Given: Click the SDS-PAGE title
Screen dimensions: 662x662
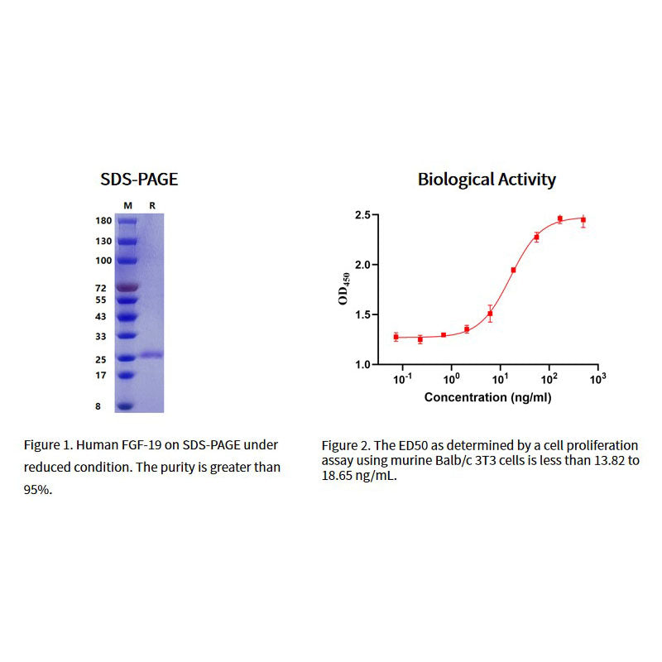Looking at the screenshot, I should pyautogui.click(x=139, y=179).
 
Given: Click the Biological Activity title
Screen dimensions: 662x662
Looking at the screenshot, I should pyautogui.click(x=487, y=179).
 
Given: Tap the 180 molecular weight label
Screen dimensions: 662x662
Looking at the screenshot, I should pyautogui.click(x=103, y=222).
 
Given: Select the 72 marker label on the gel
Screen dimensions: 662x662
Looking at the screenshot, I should pyautogui.click(x=101, y=288).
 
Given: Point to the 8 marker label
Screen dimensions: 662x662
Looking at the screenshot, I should pyautogui.click(x=98, y=406).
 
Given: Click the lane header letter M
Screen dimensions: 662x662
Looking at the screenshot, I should pyautogui.click(x=127, y=204).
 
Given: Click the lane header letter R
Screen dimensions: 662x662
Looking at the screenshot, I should pyautogui.click(x=151, y=204).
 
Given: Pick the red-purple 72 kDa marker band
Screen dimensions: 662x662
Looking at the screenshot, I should pyautogui.click(x=127, y=287).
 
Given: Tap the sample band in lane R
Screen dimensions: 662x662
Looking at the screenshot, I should pyautogui.click(x=151, y=355).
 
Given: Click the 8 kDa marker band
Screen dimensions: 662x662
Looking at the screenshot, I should pyautogui.click(x=125, y=406).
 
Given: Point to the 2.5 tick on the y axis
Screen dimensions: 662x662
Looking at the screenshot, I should pyautogui.click(x=362, y=215).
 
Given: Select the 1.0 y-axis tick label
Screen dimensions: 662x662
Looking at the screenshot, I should pyautogui.click(x=362, y=364).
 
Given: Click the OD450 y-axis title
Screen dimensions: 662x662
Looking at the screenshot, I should pyautogui.click(x=343, y=290).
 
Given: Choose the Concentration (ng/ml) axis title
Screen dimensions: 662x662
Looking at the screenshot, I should pyautogui.click(x=487, y=397).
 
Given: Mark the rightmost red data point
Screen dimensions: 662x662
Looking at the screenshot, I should pyautogui.click(x=583, y=220).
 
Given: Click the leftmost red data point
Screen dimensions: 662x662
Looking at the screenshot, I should pyautogui.click(x=396, y=337).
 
